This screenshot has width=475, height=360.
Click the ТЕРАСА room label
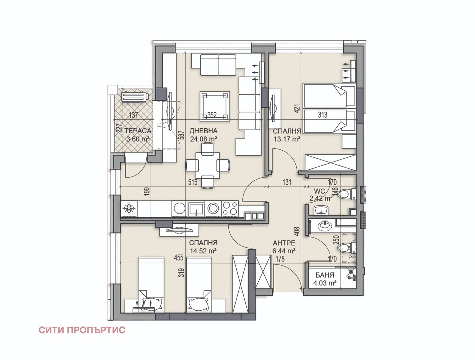[138, 131]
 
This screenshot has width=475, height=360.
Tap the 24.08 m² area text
[203, 139]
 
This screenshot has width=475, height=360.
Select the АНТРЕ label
[284, 243]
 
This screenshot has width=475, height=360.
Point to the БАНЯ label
[325, 275]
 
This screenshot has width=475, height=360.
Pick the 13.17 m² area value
[287, 139]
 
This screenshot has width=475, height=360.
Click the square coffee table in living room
[215, 106]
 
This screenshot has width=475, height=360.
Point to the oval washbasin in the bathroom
[325, 226]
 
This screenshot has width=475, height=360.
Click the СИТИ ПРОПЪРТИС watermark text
[82, 330]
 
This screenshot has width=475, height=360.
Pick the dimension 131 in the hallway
[287, 182]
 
